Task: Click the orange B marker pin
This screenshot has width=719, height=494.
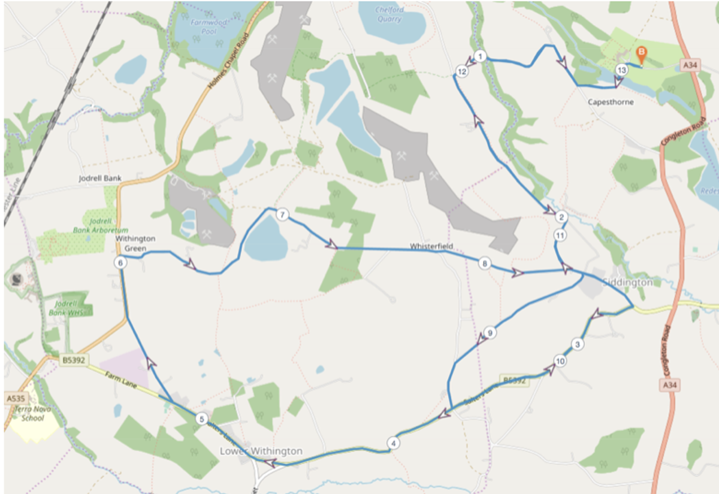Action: tap(641, 55)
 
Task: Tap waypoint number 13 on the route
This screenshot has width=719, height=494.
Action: tap(621, 70)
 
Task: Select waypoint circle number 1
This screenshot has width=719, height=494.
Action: tap(480, 56)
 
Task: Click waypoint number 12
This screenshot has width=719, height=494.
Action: tap(461, 71)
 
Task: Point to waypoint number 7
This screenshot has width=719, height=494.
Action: tap(283, 215)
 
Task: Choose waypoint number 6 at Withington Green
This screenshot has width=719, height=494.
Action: tap(120, 263)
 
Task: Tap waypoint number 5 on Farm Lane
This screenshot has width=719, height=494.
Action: tap(202, 419)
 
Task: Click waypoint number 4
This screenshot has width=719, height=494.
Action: tap(393, 444)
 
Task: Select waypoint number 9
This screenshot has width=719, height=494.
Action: tap(490, 333)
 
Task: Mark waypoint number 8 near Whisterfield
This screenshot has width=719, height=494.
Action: tap(484, 263)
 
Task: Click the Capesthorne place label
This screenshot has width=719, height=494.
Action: tap(610, 102)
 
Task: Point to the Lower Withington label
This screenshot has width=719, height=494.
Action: tap(261, 451)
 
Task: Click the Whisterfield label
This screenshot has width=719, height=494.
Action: tap(431, 246)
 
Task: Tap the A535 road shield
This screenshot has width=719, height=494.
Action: tap(15, 398)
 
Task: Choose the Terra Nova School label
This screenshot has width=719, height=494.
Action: tap(28, 414)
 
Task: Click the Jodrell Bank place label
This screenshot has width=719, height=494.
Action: tap(100, 178)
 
